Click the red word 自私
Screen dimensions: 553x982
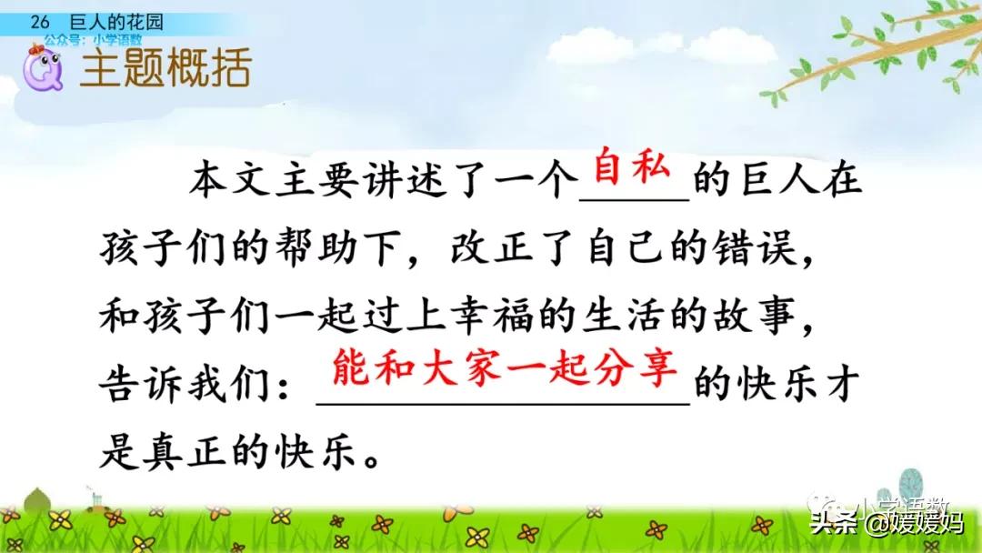coord(631,170)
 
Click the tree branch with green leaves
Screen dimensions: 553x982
coord(873,55)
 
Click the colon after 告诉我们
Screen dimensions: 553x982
coord(290,389)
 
